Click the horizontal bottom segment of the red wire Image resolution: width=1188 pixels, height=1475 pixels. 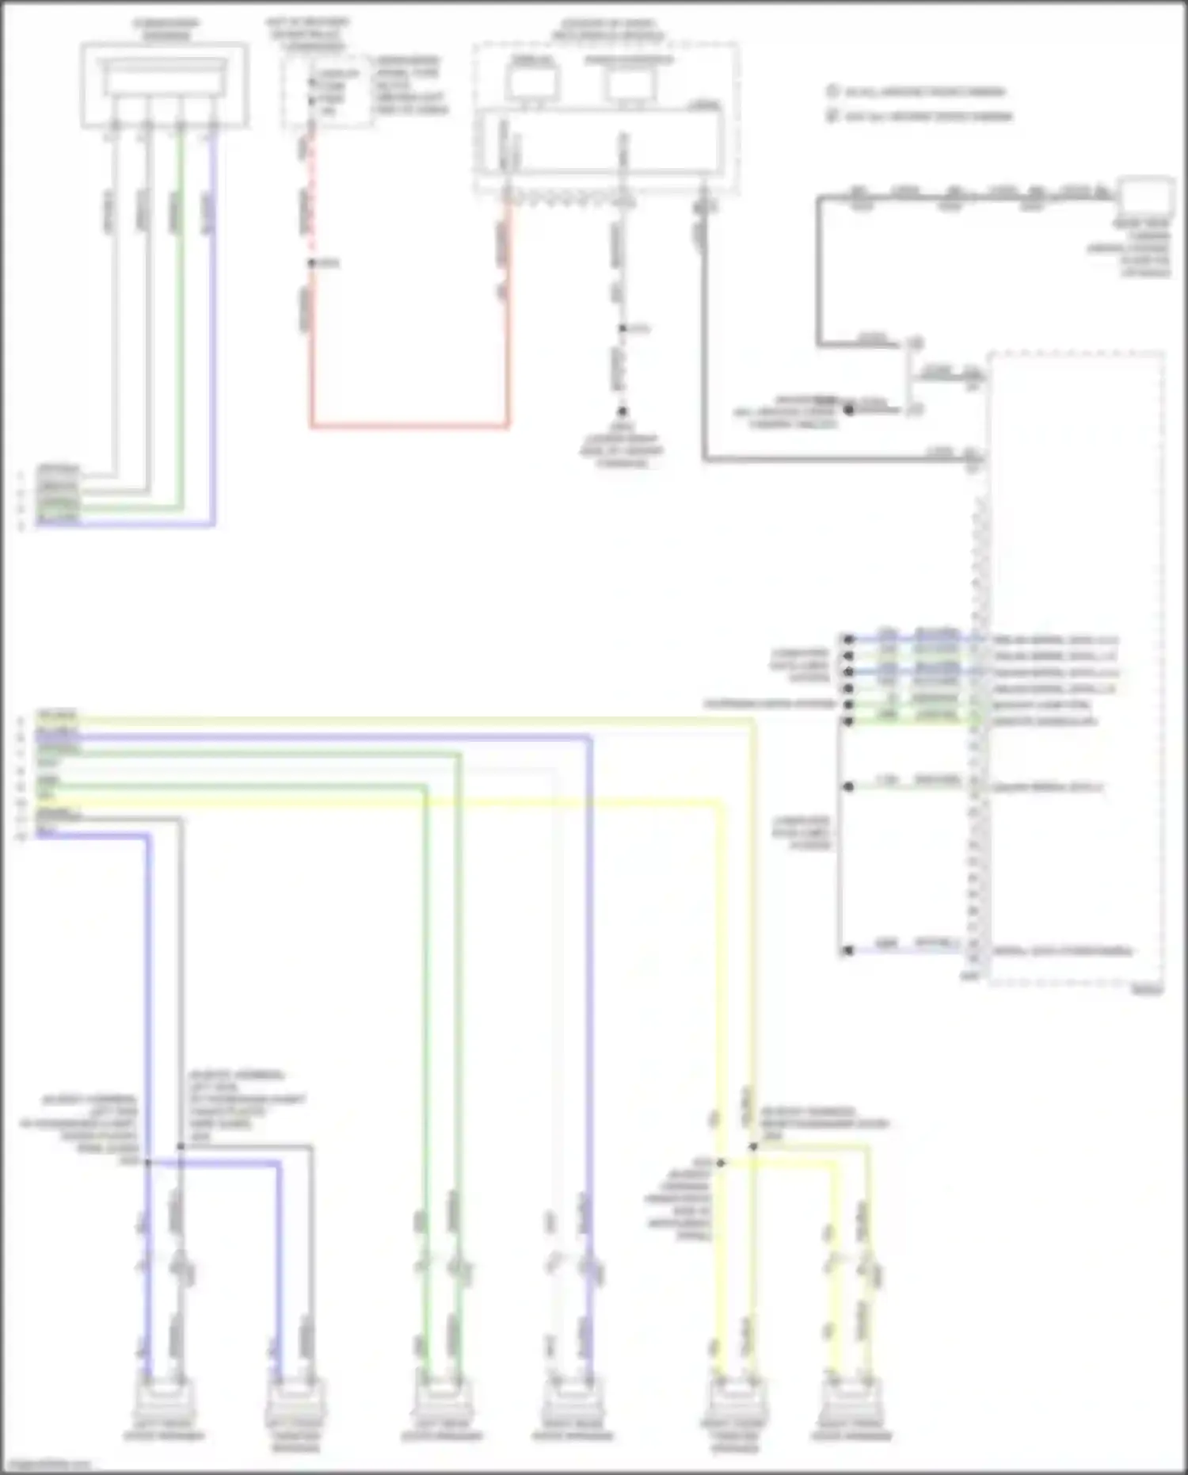(409, 426)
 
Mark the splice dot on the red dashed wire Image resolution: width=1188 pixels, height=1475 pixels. (311, 263)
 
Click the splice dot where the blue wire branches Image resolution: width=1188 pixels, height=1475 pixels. (147, 1163)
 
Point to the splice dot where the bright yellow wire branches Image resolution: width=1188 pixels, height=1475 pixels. (721, 1163)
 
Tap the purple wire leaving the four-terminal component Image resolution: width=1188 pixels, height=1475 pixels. (212, 317)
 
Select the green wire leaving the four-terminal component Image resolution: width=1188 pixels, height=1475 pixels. (181, 317)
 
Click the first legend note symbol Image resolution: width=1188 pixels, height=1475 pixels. (832, 91)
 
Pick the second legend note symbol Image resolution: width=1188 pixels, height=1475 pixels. (832, 116)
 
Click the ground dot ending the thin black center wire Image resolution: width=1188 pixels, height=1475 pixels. (623, 411)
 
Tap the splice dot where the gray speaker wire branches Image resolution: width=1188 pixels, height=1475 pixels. (181, 1146)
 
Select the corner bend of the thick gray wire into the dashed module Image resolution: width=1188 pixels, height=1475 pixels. (704, 459)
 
